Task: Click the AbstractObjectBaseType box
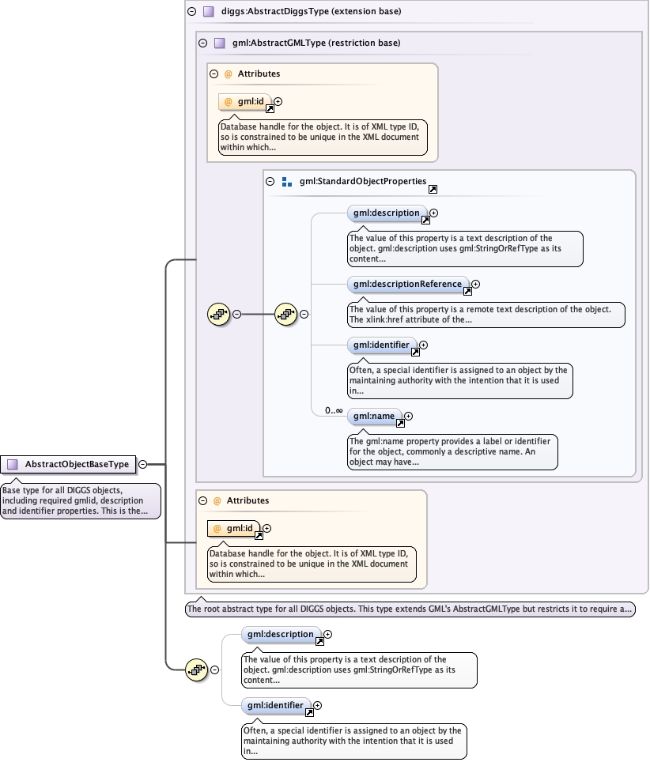click(x=68, y=464)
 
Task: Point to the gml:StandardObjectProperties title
click(x=363, y=181)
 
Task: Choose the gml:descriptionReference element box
click(x=407, y=284)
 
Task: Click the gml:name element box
click(x=374, y=416)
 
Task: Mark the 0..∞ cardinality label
click(x=332, y=410)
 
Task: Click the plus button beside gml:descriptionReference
click(x=475, y=284)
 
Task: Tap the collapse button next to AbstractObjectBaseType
click(x=142, y=464)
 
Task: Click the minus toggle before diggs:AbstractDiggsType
click(x=191, y=12)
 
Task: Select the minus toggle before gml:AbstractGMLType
click(x=202, y=43)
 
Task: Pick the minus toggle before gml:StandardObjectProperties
click(x=270, y=181)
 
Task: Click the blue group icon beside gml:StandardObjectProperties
click(x=287, y=181)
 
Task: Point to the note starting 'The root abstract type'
click(x=410, y=609)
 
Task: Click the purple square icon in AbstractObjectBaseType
click(x=12, y=464)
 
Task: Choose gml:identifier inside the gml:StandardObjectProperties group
click(x=381, y=345)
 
